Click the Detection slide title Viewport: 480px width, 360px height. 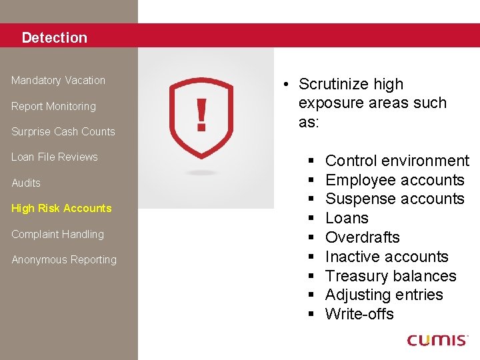click(54, 38)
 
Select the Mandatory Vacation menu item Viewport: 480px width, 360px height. click(59, 81)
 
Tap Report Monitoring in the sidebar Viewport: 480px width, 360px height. click(53, 107)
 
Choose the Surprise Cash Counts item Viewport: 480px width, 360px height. click(63, 132)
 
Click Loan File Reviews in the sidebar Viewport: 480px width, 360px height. click(55, 157)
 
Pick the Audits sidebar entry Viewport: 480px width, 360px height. click(26, 183)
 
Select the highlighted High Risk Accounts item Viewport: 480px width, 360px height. click(61, 209)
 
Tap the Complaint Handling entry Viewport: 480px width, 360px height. click(57, 235)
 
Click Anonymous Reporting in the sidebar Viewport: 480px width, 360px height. click(64, 260)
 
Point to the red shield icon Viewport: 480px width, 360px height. click(201, 117)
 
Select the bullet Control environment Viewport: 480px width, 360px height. click(397, 161)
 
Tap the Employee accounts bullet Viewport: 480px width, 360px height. click(394, 180)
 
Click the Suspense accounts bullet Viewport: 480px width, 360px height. click(394, 199)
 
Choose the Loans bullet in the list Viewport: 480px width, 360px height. click(347, 218)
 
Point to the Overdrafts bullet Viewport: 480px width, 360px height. click(362, 237)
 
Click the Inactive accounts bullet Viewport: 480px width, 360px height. click(387, 257)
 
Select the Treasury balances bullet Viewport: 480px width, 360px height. click(390, 276)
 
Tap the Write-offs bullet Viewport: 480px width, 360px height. click(359, 314)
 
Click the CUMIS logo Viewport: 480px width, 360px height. click(438, 340)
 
